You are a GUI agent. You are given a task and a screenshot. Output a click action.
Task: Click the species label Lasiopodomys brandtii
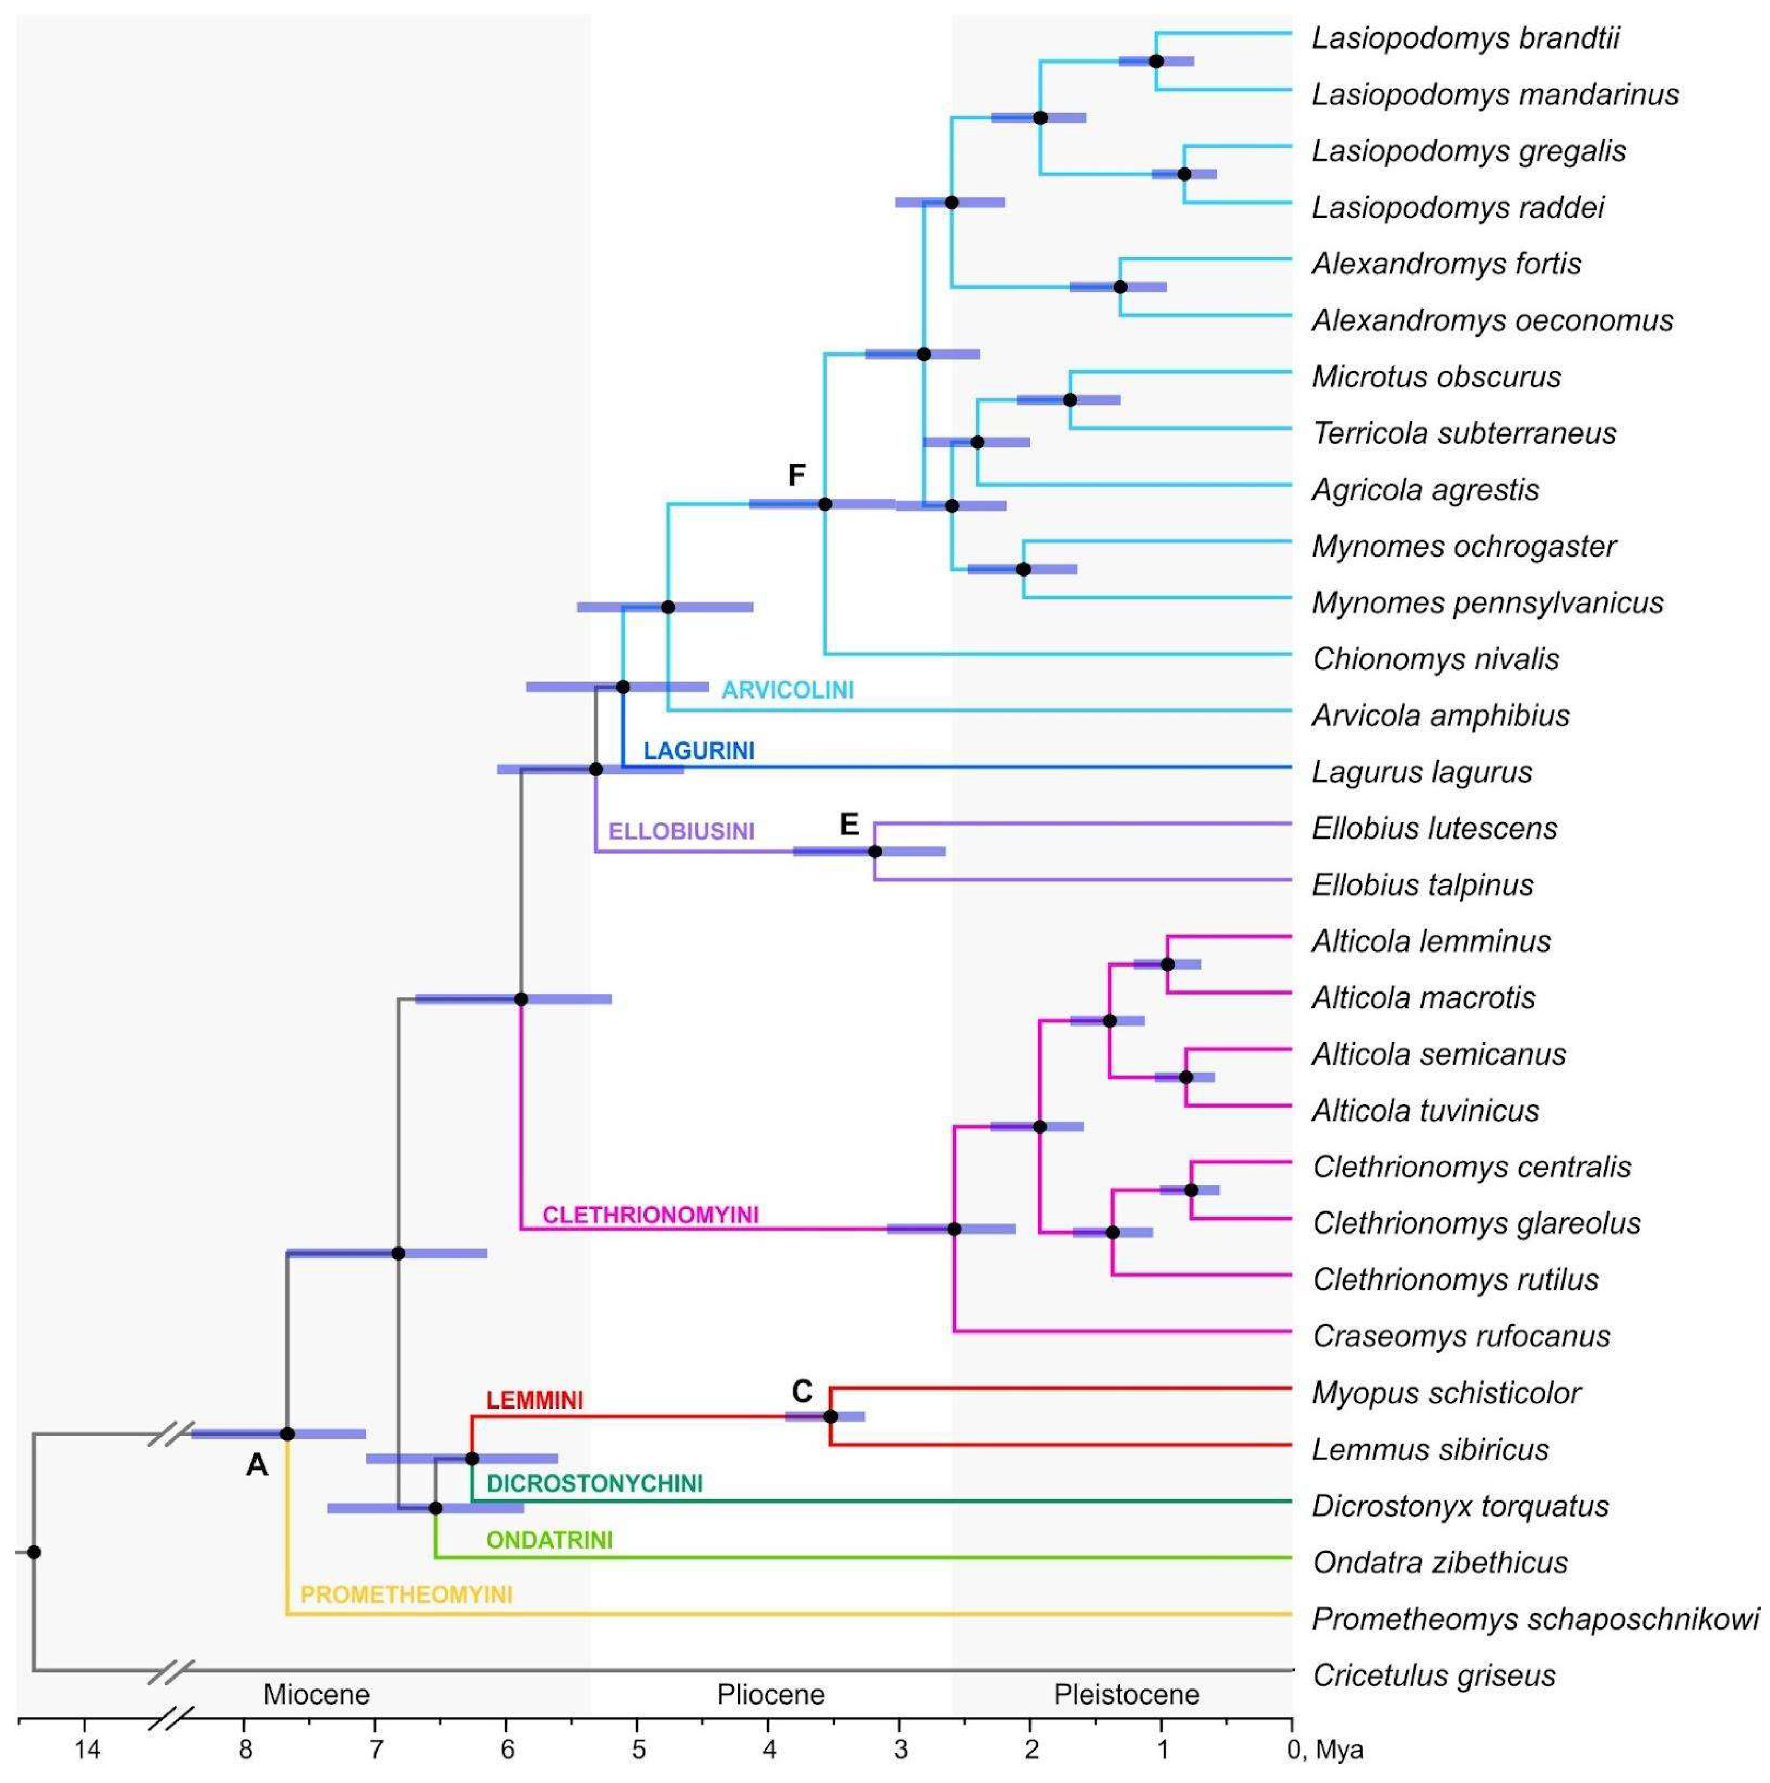[x=1465, y=39]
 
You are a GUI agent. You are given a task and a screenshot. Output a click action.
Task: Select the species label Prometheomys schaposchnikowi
[x=1534, y=1619]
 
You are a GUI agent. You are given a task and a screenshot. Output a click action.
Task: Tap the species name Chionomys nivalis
[x=1435, y=659]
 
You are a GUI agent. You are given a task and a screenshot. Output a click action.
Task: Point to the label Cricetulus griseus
[x=1433, y=1675]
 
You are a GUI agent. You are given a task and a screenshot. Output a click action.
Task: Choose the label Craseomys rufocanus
[x=1461, y=1336]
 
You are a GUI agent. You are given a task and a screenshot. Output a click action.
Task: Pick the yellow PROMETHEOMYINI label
[x=406, y=1595]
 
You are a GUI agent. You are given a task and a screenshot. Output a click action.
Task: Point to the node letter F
[x=796, y=475]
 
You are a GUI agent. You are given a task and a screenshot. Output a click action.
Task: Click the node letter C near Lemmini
[x=802, y=1391]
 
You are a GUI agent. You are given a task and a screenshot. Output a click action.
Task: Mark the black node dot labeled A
[x=287, y=1434]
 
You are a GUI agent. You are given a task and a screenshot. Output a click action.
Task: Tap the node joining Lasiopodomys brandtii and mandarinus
[x=1156, y=61]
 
